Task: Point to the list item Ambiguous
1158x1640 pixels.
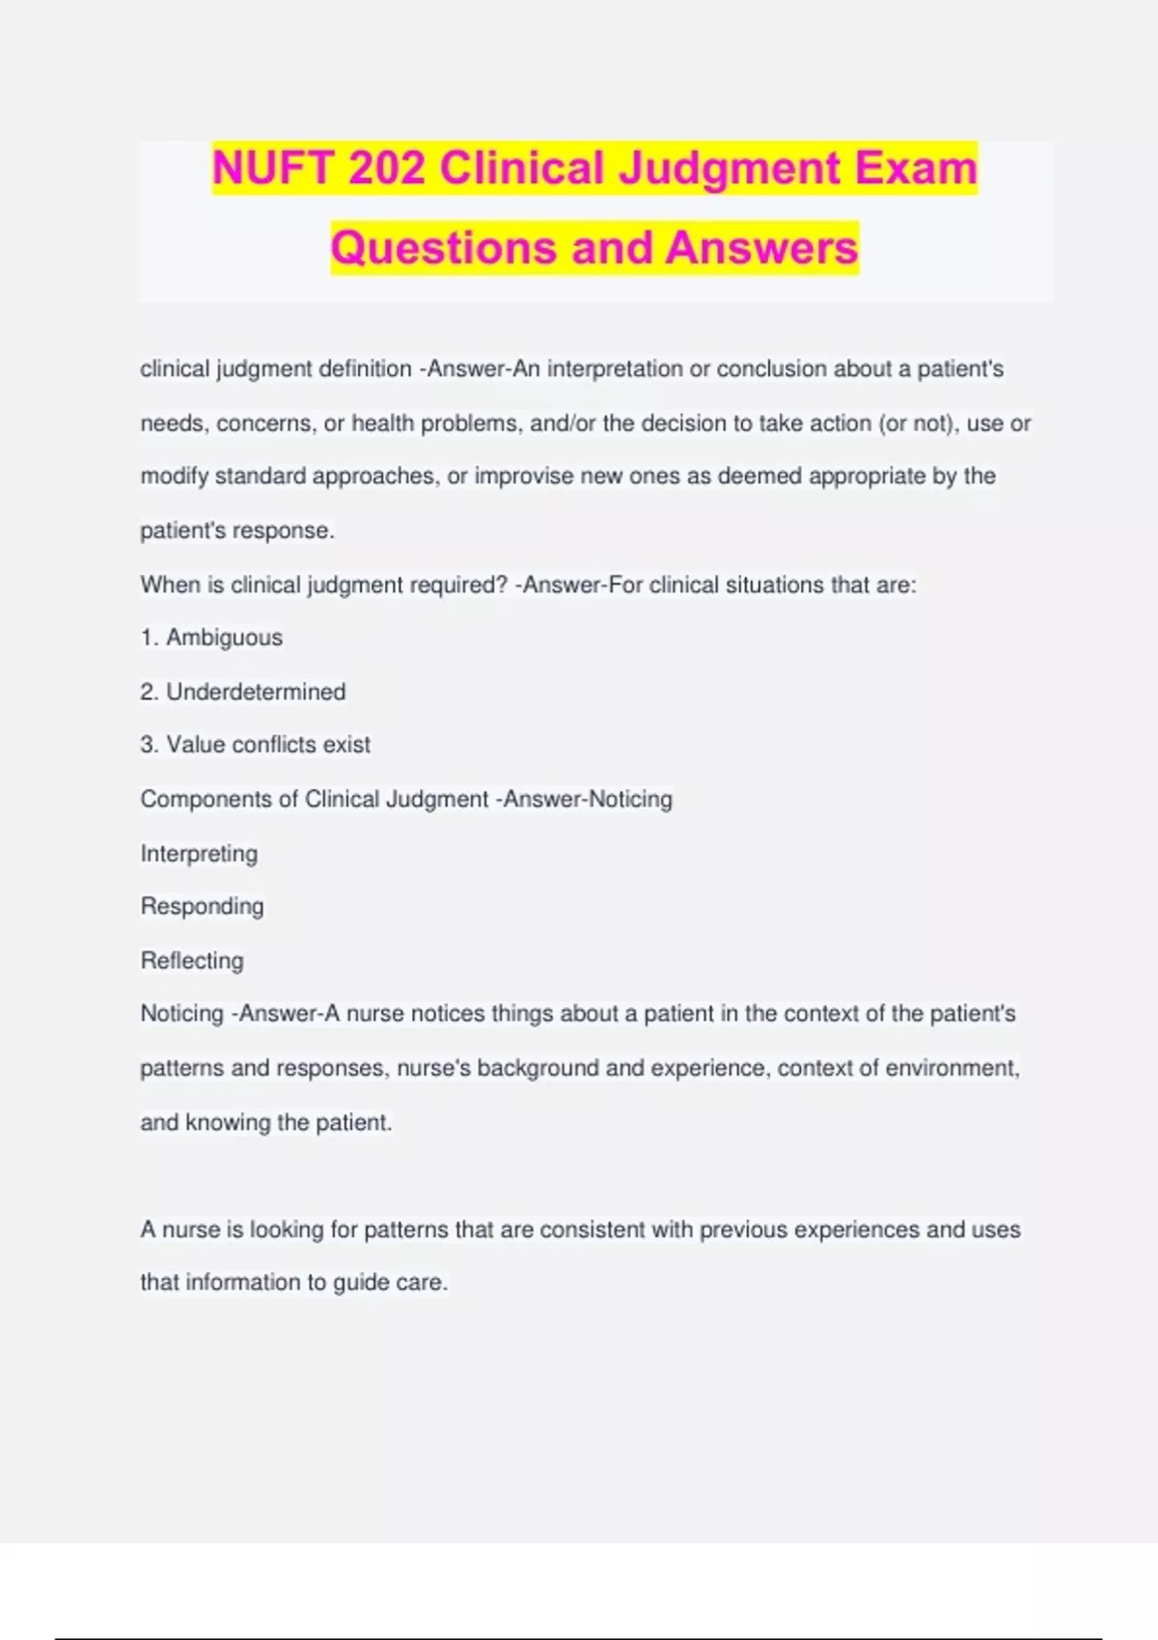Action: pos(224,638)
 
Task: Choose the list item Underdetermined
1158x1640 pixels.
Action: pos(256,692)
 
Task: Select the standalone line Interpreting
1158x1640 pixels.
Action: pos(199,854)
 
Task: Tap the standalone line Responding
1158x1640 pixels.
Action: pos(202,907)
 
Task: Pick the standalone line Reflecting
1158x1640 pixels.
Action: pos(192,961)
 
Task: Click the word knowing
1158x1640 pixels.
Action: pos(228,1123)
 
